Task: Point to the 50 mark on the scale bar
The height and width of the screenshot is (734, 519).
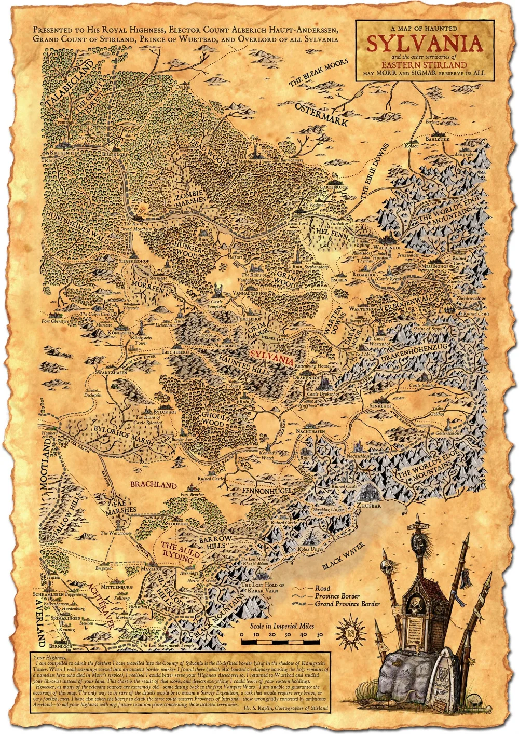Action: tap(320, 635)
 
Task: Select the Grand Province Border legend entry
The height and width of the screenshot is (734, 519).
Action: tap(347, 604)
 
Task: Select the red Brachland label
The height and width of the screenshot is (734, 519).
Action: tap(153, 485)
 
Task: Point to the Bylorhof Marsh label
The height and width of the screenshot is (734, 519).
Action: tap(122, 437)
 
